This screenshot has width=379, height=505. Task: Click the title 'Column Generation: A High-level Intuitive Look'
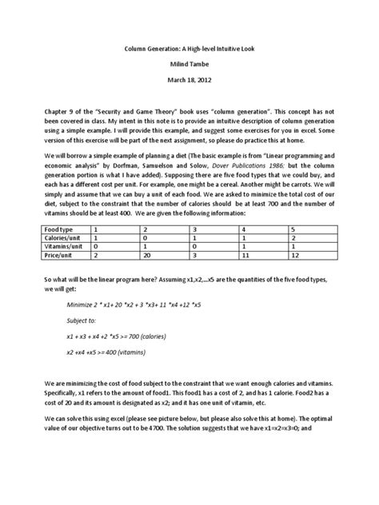[x=189, y=48]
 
